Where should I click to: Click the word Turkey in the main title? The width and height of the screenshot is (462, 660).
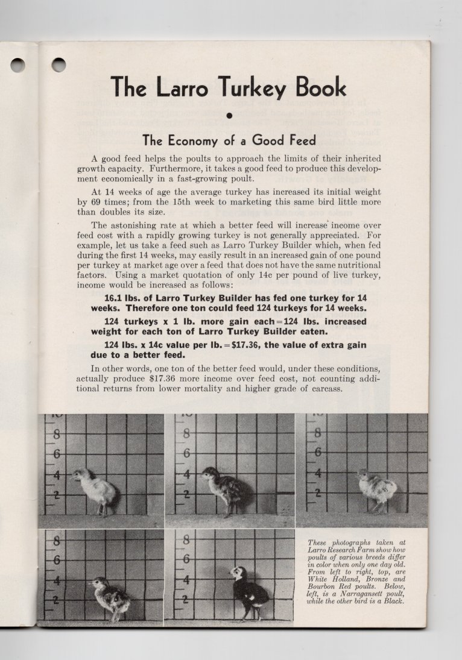point(244,88)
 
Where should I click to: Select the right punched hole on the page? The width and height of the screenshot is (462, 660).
point(59,64)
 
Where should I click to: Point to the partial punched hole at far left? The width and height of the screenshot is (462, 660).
point(17,65)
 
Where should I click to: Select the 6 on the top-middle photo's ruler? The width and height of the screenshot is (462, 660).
point(186,453)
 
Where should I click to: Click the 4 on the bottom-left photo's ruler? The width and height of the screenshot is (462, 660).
point(56,580)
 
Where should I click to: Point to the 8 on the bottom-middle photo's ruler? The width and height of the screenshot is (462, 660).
point(186,539)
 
